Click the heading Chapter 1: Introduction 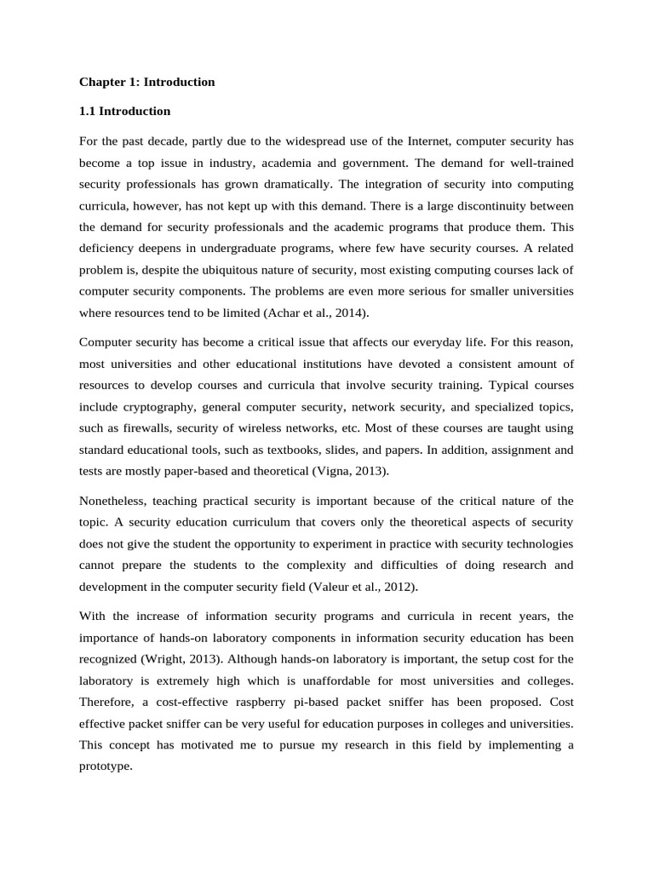pos(146,83)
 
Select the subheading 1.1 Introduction pos(124,112)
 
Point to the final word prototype pos(105,766)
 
